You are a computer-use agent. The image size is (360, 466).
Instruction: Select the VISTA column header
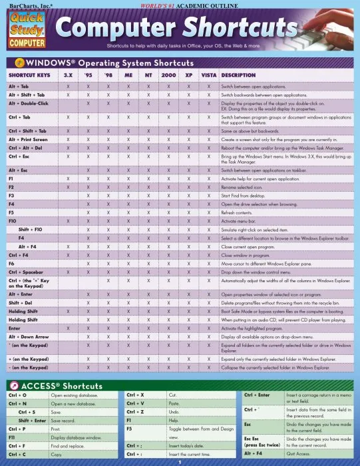208,75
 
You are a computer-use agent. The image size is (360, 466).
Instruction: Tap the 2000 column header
169,75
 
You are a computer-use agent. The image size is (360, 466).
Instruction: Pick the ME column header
128,75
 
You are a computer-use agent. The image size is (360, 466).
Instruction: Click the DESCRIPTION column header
238,75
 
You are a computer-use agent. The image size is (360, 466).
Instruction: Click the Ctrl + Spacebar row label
26,272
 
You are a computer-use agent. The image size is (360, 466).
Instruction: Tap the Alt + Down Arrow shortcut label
29,336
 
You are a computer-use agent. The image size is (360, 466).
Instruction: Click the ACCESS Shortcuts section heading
63,386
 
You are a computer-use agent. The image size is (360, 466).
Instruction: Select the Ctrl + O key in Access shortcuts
17,395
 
